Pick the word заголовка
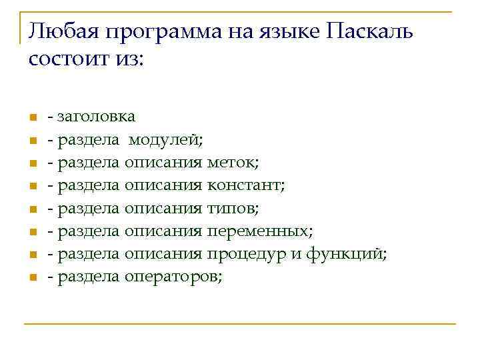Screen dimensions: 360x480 pos(97,117)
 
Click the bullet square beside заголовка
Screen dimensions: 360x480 pos(31,118)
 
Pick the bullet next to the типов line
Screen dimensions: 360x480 pos(31,210)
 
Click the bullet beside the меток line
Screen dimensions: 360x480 pos(31,164)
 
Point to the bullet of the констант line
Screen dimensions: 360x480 pos(31,187)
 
